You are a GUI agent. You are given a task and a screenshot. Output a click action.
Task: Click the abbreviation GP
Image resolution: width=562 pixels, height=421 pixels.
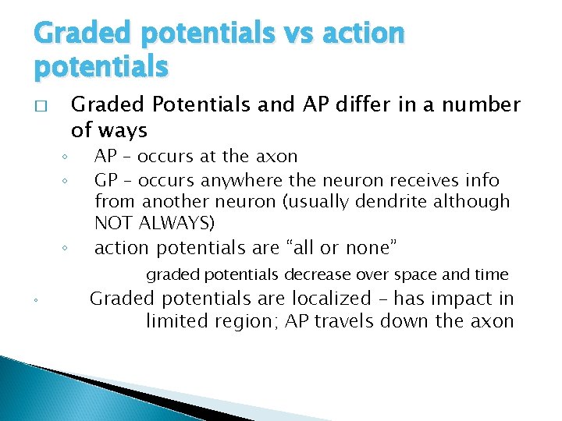tap(105, 180)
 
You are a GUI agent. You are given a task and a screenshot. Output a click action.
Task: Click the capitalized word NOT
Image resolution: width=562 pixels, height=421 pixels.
tap(112, 223)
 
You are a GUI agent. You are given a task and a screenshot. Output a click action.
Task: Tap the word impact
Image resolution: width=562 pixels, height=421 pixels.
tap(466, 299)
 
